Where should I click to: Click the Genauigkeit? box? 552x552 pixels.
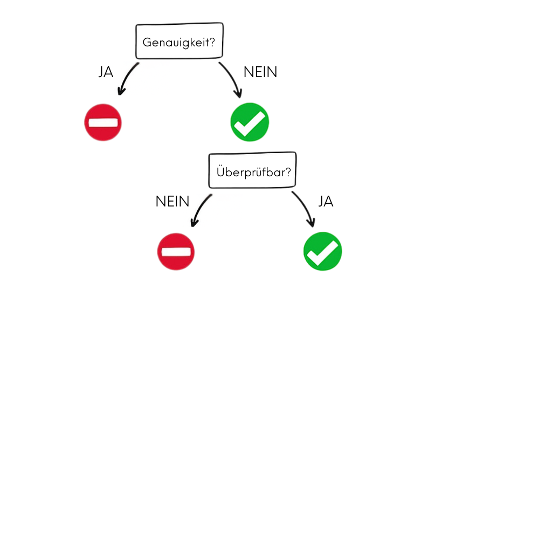pos(179,41)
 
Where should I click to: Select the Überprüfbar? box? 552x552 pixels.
pos(252,171)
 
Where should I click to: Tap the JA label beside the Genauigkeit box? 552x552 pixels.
pos(106,72)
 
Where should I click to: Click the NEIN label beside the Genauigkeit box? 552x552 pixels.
pos(260,72)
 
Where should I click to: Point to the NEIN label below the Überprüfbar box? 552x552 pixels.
pos(172,202)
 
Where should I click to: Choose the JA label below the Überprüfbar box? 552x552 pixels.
pos(326,202)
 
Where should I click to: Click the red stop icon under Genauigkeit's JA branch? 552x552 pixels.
pos(103,122)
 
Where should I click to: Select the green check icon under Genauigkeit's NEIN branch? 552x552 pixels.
pos(250,122)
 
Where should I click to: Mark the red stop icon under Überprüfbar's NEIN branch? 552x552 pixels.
pos(176,252)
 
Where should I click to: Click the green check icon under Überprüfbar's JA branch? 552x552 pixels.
pos(322,251)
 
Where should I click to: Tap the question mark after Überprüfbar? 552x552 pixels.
pos(288,172)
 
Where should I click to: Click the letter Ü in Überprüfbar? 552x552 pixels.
pos(220,171)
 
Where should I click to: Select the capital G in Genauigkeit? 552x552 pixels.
pos(147,42)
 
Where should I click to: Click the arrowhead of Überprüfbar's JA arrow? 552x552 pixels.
pos(311,223)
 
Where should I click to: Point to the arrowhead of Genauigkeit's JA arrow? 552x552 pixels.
pos(121,92)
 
